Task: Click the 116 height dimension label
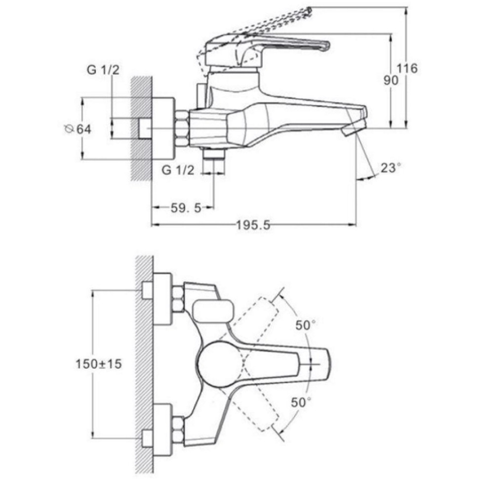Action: [x=407, y=68]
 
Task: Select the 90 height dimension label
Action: [x=391, y=80]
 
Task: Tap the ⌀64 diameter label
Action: [x=78, y=129]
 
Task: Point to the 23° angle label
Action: [x=391, y=167]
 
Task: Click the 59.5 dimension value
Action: [x=186, y=208]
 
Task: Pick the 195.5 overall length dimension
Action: [x=253, y=226]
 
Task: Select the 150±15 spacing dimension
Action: [x=99, y=363]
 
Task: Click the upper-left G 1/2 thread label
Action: [x=103, y=70]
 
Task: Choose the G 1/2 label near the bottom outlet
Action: [x=178, y=170]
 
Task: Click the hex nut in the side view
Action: [x=182, y=128]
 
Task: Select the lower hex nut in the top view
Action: [x=178, y=428]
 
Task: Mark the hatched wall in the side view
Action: [x=141, y=128]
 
